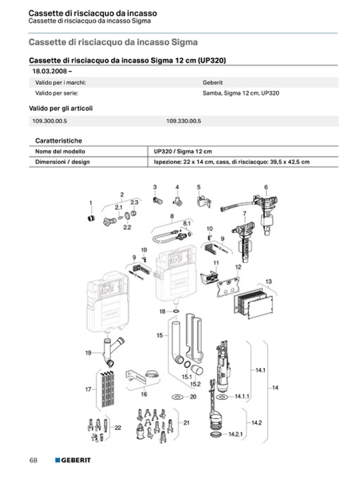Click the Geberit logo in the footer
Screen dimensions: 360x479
(x=73, y=460)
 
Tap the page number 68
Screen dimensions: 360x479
(x=33, y=460)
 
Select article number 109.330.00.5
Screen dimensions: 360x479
(x=184, y=121)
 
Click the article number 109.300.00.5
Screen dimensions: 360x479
(x=49, y=121)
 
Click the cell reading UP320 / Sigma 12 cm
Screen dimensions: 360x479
(x=183, y=151)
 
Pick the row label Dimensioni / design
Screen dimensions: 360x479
(x=62, y=162)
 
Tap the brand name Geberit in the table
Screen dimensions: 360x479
(x=212, y=83)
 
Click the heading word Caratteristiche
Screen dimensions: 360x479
(x=59, y=141)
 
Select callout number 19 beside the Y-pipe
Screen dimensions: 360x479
(x=88, y=353)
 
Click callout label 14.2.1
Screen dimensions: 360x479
(x=236, y=434)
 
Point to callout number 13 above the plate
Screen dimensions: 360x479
(x=268, y=281)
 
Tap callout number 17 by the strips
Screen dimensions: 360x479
(x=88, y=389)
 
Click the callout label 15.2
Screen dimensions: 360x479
(x=196, y=384)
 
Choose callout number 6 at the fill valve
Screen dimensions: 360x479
(x=266, y=187)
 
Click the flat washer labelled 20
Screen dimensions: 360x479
(x=177, y=397)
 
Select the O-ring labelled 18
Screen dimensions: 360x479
(x=176, y=312)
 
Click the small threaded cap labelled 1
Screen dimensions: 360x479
(x=90, y=218)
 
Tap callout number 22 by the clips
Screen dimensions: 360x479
(x=118, y=427)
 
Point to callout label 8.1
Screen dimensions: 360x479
(x=186, y=223)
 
